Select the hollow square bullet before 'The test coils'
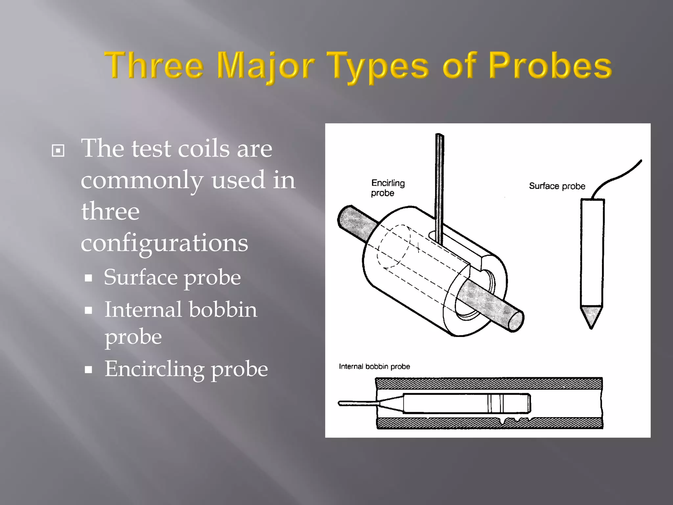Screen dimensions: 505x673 coord(58,151)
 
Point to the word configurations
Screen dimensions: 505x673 coord(164,243)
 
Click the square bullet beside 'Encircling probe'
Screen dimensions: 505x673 coord(88,370)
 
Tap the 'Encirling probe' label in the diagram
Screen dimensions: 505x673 coord(387,188)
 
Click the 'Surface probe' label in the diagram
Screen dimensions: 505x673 coord(557,186)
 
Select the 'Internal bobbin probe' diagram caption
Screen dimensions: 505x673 coord(374,366)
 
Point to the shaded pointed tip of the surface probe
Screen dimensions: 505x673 coord(591,316)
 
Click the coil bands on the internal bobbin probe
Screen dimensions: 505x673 coord(495,403)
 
